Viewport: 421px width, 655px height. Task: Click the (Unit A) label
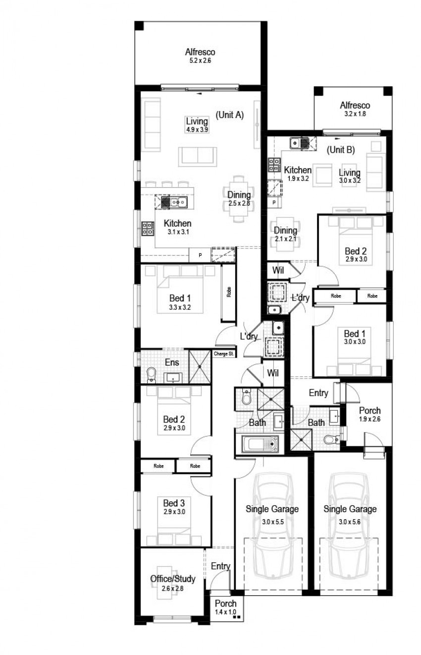[229, 115]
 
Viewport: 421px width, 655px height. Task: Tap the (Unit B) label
[340, 150]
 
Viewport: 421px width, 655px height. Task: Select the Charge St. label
[223, 354]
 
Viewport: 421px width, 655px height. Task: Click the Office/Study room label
[173, 579]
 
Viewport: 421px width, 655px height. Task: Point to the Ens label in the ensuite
[172, 362]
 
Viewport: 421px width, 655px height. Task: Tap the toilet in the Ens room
[151, 375]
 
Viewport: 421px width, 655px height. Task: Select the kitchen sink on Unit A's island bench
[178, 202]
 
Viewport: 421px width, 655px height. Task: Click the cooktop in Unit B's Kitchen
[274, 165]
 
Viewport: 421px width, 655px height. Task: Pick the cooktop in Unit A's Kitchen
[148, 229]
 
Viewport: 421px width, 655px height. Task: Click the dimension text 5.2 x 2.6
[200, 61]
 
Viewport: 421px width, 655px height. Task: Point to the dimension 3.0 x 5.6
[349, 522]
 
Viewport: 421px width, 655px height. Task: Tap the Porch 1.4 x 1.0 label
[225, 607]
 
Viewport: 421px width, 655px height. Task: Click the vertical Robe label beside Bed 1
[229, 292]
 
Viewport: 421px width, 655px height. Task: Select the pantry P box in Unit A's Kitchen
[200, 255]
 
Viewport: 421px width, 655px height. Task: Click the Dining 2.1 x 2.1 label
[285, 234]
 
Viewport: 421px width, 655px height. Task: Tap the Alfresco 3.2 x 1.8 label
[355, 109]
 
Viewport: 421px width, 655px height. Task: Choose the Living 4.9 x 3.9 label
[197, 125]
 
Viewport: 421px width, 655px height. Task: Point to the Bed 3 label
[174, 503]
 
